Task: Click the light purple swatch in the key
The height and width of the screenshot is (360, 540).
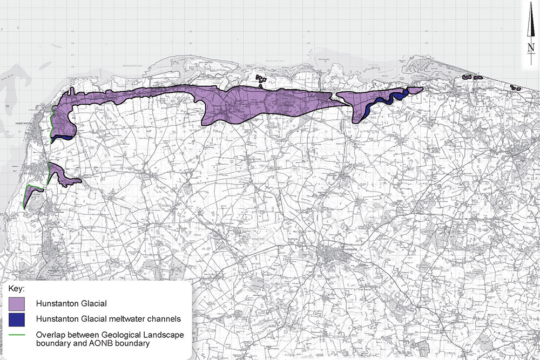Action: click(x=18, y=303)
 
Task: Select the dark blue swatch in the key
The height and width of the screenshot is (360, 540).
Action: click(x=18, y=320)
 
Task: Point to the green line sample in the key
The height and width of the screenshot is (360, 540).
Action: click(x=18, y=335)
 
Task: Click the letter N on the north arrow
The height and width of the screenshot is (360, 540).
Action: click(x=530, y=49)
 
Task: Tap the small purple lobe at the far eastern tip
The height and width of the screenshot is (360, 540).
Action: click(x=415, y=90)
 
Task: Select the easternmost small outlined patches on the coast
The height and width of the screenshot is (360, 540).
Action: click(x=515, y=87)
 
